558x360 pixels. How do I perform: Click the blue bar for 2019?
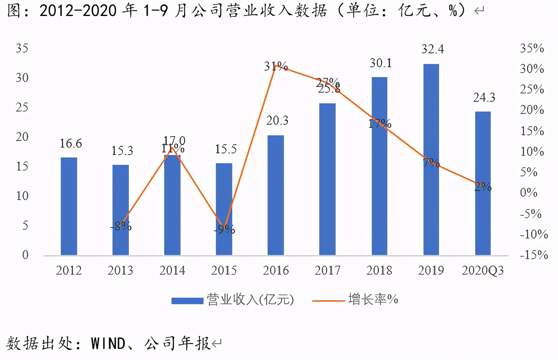(431, 160)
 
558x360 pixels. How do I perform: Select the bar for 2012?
(69, 206)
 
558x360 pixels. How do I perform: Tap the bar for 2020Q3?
(483, 183)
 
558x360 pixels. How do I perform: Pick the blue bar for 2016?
(276, 195)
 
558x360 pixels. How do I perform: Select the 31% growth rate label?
(276, 66)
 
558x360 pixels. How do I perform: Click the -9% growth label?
(224, 230)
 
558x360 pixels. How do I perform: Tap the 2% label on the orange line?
(483, 187)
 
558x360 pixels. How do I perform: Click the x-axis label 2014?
(172, 271)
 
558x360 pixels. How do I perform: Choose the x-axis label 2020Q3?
(483, 271)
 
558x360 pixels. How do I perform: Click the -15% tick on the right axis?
(533, 255)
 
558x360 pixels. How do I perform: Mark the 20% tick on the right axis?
(532, 110)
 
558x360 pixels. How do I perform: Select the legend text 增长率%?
(373, 300)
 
